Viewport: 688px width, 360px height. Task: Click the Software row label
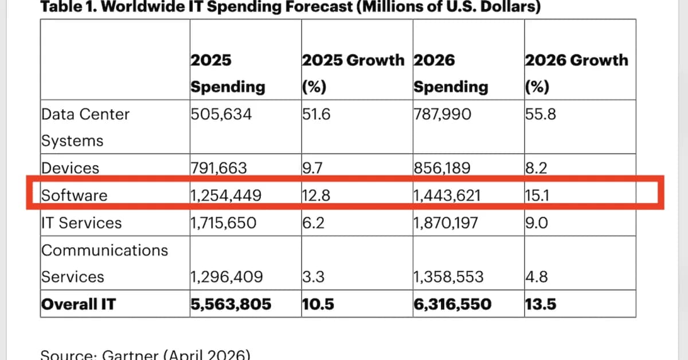tap(74, 195)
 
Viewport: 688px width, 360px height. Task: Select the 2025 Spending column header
tap(228, 73)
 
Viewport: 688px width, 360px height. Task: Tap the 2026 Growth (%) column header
tap(576, 73)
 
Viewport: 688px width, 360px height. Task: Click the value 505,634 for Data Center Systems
tap(221, 114)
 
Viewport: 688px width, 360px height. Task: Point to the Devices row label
tap(70, 169)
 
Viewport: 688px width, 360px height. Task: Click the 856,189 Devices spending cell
tap(442, 169)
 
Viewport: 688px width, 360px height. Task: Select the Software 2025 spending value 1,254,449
tap(226, 195)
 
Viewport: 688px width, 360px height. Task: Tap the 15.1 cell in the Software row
tap(536, 195)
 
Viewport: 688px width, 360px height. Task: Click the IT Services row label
tap(81, 222)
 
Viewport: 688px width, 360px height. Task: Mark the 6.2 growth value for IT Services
tap(313, 222)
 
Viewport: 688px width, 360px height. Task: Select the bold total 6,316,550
tap(452, 304)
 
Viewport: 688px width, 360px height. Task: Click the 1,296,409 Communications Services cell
tap(226, 277)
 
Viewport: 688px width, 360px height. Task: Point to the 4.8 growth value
tap(537, 277)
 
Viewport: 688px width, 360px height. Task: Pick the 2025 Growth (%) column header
tap(353, 73)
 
